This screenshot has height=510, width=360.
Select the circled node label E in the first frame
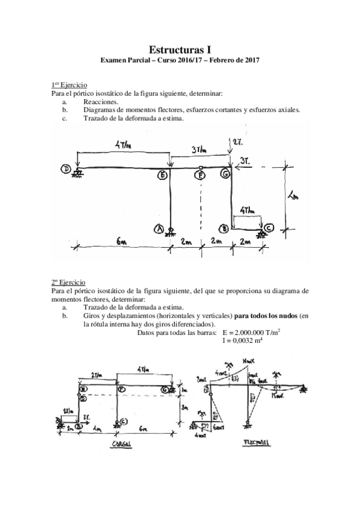pos(162,176)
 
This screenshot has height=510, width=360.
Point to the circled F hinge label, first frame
pos(200,176)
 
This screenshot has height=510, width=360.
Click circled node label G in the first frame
pos(225,174)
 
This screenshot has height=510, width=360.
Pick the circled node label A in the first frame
pos(159,229)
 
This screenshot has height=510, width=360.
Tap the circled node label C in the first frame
pos(269,228)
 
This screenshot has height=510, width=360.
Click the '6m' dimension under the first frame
pos(121,242)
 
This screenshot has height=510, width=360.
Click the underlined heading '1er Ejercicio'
pos(69,85)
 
